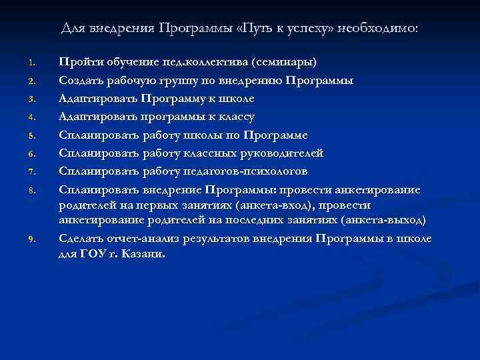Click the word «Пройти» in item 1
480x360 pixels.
[77, 63]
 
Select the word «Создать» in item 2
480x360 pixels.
[80, 81]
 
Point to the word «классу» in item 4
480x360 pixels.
[233, 117]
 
